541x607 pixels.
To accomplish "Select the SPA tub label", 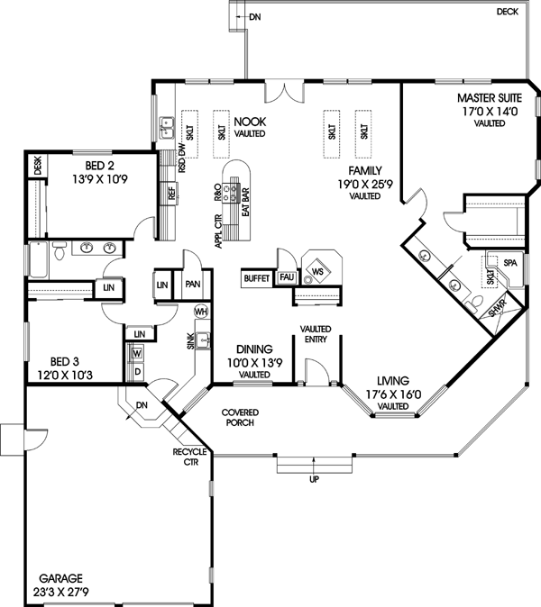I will coord(509,263).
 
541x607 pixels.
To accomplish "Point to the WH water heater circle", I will coord(200,310).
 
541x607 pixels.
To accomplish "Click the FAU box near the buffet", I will coord(287,278).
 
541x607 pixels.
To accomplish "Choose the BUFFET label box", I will coord(258,278).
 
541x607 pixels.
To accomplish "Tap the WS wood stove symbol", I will coord(317,270).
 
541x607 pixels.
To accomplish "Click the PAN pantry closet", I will coord(192,283).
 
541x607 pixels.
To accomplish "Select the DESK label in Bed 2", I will coord(38,166).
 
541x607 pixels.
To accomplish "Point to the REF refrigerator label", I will coord(170,192).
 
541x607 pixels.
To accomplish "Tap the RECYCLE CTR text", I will coord(192,457).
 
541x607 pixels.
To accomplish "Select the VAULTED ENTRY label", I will coord(316,335).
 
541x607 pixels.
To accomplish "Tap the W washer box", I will coord(138,352).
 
